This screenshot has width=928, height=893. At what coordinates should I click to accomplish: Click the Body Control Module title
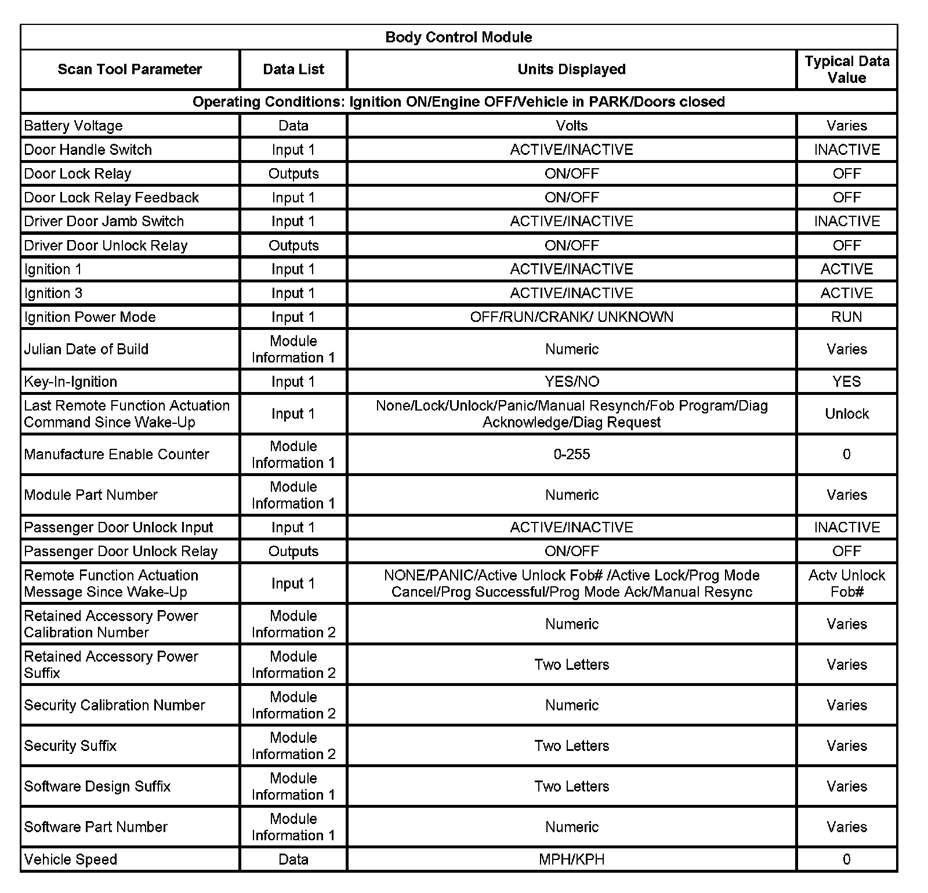tap(458, 37)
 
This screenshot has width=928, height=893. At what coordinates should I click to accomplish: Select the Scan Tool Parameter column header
tap(129, 70)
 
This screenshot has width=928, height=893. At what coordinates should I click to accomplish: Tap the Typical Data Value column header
tap(846, 70)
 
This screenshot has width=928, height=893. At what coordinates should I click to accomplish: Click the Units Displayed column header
tap(571, 70)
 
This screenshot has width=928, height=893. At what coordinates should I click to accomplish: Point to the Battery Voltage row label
tap(74, 126)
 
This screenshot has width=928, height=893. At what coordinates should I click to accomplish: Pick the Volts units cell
tap(571, 126)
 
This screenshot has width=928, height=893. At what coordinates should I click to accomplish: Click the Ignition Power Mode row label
tap(90, 317)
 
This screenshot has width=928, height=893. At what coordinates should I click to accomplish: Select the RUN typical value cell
tap(846, 317)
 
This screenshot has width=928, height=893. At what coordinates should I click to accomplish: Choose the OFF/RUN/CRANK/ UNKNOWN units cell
tap(571, 317)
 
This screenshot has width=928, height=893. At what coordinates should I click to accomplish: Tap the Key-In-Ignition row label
tap(71, 382)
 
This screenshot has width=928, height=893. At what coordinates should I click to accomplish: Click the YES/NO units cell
tap(571, 382)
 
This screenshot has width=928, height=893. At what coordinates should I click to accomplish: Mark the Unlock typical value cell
tap(846, 414)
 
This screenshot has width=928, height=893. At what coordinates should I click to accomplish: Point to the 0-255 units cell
tap(571, 455)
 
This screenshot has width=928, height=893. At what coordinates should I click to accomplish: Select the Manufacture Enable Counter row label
tap(117, 455)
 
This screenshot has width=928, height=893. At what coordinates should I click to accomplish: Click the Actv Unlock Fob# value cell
tap(846, 583)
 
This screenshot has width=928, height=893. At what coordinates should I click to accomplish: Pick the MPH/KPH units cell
tap(571, 859)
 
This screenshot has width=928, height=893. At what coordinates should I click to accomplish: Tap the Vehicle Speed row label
tap(71, 859)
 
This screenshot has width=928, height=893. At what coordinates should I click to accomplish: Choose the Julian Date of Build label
tap(86, 349)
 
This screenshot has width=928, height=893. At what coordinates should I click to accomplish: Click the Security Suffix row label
tap(70, 746)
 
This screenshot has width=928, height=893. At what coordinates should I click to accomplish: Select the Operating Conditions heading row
tap(458, 102)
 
